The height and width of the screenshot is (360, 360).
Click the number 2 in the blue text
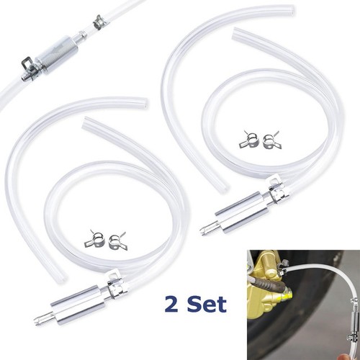[x=171, y=305]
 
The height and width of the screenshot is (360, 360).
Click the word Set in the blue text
[x=207, y=304]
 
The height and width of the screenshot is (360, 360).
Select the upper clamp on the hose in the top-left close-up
[x=100, y=22]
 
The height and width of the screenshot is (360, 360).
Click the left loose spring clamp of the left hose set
[x=94, y=239]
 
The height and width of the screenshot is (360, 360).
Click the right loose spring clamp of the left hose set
[x=118, y=241]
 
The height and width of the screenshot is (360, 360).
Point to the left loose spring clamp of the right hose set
[x=248, y=140]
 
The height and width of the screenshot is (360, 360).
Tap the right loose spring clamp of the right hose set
[x=271, y=140]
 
